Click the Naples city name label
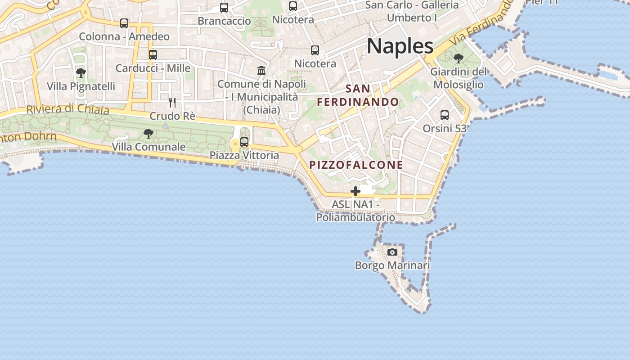pyautogui.click(x=400, y=46)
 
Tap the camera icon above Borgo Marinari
pyautogui.click(x=392, y=252)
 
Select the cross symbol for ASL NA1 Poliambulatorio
pyautogui.click(x=355, y=191)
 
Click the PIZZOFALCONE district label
pyautogui.click(x=356, y=165)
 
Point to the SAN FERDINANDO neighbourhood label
pyautogui.click(x=358, y=95)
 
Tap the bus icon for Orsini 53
pyautogui.click(x=445, y=115)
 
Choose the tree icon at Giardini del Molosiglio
pyautogui.click(x=459, y=58)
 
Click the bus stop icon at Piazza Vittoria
pyautogui.click(x=244, y=142)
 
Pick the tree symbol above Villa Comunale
pyautogui.click(x=148, y=134)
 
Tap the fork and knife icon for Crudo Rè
pyautogui.click(x=172, y=103)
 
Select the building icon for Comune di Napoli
pyautogui.click(x=261, y=70)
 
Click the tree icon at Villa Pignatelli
pyautogui.click(x=81, y=73)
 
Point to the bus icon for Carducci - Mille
pyautogui.click(x=153, y=55)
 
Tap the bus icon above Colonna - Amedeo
pyautogui.click(x=124, y=23)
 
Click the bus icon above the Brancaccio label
pyautogui.click(x=224, y=8)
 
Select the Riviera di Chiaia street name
pyautogui.click(x=67, y=109)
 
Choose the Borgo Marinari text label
pyautogui.click(x=392, y=265)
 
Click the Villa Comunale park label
pyautogui.click(x=148, y=147)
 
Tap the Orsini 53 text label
pyautogui.click(x=445, y=128)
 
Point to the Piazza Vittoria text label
pyautogui.click(x=244, y=155)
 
